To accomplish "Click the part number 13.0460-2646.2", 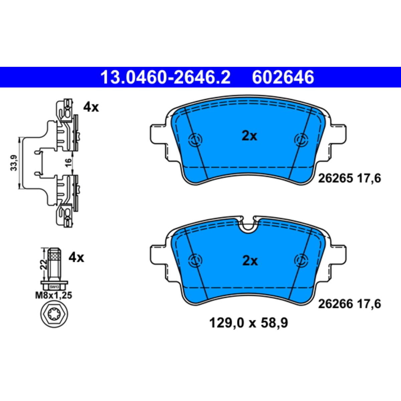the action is [165, 77].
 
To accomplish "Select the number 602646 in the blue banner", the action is [283, 77].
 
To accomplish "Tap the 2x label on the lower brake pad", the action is [250, 262].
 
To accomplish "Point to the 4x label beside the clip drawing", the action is [91, 107].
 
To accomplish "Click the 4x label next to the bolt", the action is [77, 258].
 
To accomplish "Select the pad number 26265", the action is [336, 178].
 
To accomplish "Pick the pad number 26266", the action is [336, 304].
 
